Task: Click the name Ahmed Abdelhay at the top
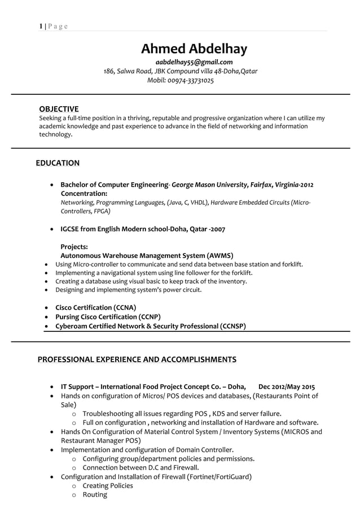pyautogui.click(x=194, y=49)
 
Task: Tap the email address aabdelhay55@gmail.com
pyautogui.click(x=194, y=62)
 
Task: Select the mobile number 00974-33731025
pyautogui.click(x=190, y=81)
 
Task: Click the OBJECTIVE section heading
pyautogui.click(x=59, y=108)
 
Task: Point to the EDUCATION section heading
pyautogui.click(x=58, y=163)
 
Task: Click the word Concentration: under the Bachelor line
pyautogui.click(x=84, y=194)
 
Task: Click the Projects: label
pyautogui.click(x=74, y=247)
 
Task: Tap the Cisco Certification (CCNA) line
pyautogui.click(x=95, y=308)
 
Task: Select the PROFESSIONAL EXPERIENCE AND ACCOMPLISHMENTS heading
pyautogui.click(x=137, y=359)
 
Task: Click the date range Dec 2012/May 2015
pyautogui.click(x=286, y=387)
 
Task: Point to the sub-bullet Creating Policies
pyautogui.click(x=108, y=485)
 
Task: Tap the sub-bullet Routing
pyautogui.click(x=95, y=494)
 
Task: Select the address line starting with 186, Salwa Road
pyautogui.click(x=181, y=72)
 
